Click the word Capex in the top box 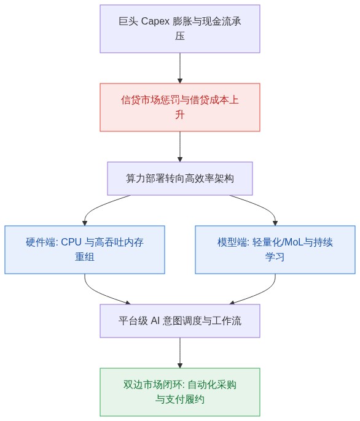tap(155, 21)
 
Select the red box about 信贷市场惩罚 tap(180, 107)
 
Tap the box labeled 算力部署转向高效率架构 tap(180, 179)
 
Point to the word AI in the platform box tap(155, 320)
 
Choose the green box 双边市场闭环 tap(180, 392)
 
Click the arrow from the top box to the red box tap(180, 68)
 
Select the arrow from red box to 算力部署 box tap(180, 147)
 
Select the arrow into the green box tap(180, 353)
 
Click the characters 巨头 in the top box tap(128, 21)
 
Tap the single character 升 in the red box tap(180, 115)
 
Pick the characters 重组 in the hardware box tap(85, 257)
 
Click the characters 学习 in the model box tap(275, 257)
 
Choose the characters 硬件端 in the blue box tap(41, 242)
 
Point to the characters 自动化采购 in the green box tap(212, 385)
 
